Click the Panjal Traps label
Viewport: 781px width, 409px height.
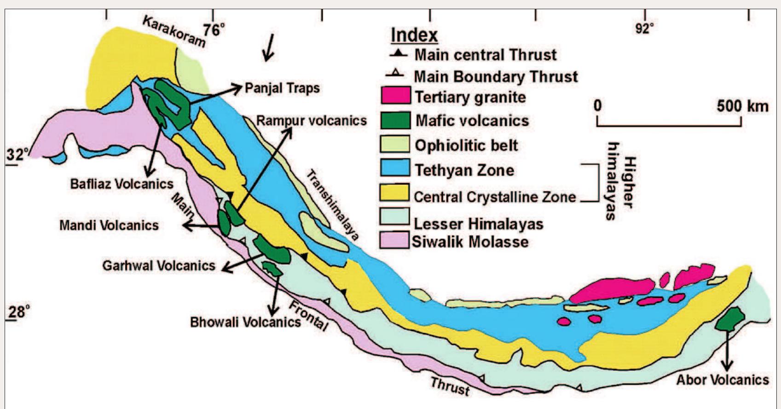(x=282, y=88)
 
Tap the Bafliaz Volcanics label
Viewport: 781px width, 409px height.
(x=121, y=184)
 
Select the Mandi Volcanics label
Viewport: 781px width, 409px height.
(x=109, y=225)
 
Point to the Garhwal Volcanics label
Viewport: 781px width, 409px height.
(x=159, y=266)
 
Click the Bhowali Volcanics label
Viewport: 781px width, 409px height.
(x=245, y=321)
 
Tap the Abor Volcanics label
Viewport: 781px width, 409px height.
(x=723, y=380)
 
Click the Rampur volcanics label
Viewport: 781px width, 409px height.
(x=312, y=121)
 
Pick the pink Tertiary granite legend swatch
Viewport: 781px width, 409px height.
(x=395, y=95)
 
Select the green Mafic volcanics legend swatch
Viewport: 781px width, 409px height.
(x=395, y=120)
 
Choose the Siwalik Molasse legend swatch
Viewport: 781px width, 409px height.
(x=394, y=240)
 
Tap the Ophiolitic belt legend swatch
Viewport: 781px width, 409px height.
(x=395, y=144)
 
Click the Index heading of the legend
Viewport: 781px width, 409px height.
(x=414, y=35)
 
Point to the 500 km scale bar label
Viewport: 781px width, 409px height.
(x=742, y=106)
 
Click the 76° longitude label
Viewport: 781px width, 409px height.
(x=214, y=30)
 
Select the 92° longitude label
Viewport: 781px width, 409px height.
(x=644, y=29)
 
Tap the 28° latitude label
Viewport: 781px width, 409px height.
(x=17, y=312)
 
